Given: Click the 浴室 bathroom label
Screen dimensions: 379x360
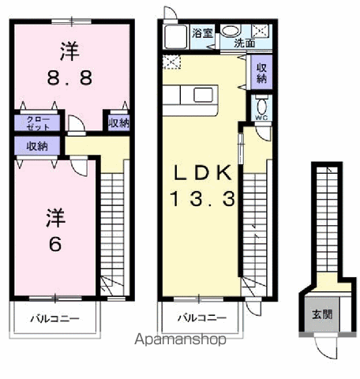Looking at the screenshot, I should click(202, 32).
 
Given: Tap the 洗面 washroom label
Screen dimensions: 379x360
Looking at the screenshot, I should click(244, 44).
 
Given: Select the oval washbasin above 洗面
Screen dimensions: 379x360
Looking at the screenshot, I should click(230, 31).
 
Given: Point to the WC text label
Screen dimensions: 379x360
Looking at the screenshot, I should click(261, 118).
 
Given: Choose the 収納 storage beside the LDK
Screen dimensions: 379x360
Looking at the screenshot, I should click(261, 73).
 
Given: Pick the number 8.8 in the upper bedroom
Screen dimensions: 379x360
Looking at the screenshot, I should click(69, 79).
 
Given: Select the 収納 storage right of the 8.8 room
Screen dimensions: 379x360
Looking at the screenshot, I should click(118, 122).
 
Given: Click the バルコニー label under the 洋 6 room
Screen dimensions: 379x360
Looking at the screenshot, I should click(54, 320).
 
